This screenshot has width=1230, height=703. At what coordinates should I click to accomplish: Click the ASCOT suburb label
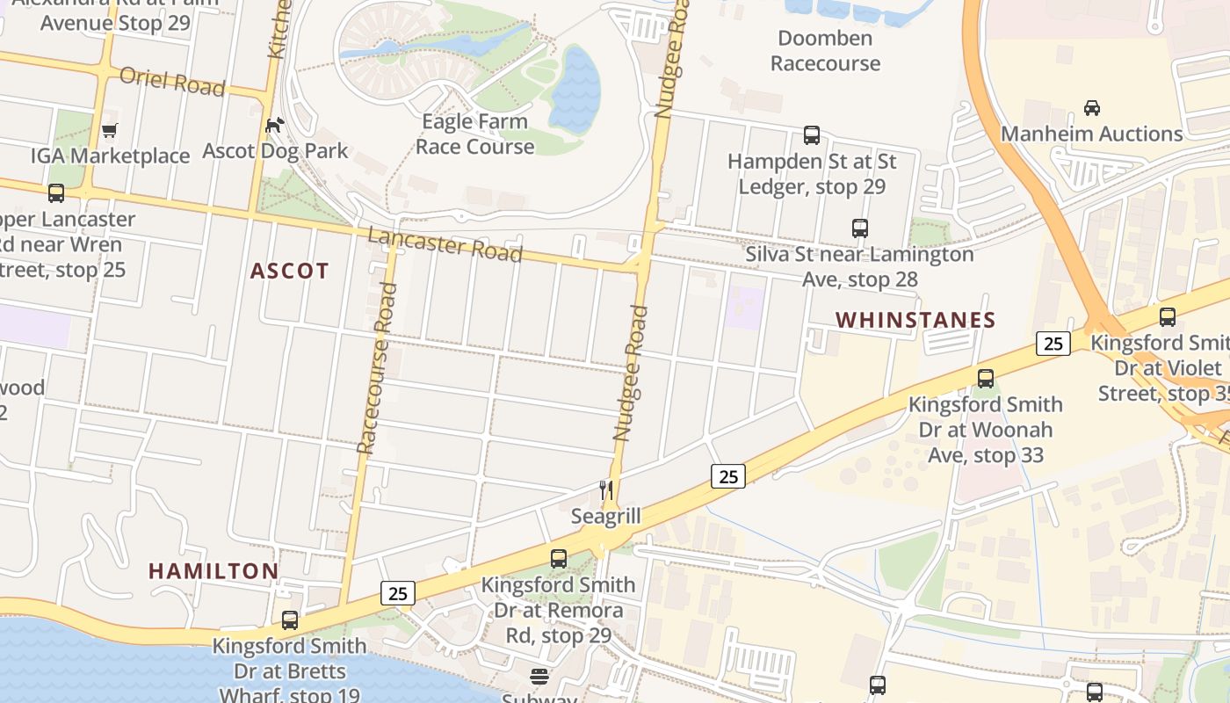coord(289,271)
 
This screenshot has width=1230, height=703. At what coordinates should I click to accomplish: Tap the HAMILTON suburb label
coord(213,571)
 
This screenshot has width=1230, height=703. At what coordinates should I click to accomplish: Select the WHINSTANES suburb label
coord(915,320)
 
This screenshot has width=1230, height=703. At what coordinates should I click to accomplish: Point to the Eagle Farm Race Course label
coord(474,134)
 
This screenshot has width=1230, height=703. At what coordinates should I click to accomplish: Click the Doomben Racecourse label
coord(825,51)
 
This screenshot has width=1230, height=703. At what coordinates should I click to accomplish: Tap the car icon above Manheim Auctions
coord(1092,108)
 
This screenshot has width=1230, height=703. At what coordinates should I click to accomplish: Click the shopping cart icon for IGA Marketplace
coord(110,131)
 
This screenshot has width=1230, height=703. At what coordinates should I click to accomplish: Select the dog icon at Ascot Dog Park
coord(275,126)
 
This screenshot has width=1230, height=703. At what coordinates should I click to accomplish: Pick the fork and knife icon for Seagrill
coord(605,489)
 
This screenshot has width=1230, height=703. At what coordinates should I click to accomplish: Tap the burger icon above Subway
coord(539,677)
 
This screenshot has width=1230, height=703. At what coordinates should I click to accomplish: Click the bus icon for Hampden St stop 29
coord(812,135)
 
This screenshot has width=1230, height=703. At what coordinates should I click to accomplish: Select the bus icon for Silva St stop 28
coord(860,228)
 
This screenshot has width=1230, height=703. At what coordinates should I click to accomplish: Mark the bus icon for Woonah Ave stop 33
coord(986,379)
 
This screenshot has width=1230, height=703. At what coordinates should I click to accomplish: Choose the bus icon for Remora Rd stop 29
coord(559,558)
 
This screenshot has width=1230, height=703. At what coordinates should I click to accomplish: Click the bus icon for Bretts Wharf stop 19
coord(289,620)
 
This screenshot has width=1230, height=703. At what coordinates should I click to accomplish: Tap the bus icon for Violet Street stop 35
coord(1168,317)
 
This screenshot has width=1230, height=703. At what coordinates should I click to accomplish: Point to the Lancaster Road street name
coord(445,244)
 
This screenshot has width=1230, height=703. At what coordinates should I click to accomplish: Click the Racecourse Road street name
coord(373,381)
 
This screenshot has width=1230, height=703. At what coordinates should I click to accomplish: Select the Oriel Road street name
coord(172,82)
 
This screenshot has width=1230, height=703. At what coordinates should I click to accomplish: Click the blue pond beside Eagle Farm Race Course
coord(574,88)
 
